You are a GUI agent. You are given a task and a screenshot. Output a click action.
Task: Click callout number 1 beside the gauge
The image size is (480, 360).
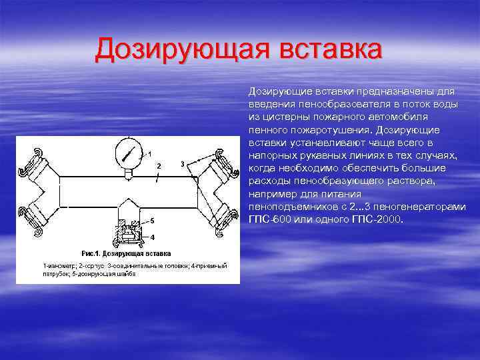tap(150, 154)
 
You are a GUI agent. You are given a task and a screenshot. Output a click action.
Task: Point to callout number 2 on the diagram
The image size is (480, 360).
tap(159, 165)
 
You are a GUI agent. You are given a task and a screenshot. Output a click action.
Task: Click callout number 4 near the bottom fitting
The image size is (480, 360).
tap(153, 237)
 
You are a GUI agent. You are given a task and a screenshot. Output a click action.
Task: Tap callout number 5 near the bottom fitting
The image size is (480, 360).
tap(152, 220)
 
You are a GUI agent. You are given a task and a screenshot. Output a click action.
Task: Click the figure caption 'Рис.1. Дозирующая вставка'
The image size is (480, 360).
tap(125, 253)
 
